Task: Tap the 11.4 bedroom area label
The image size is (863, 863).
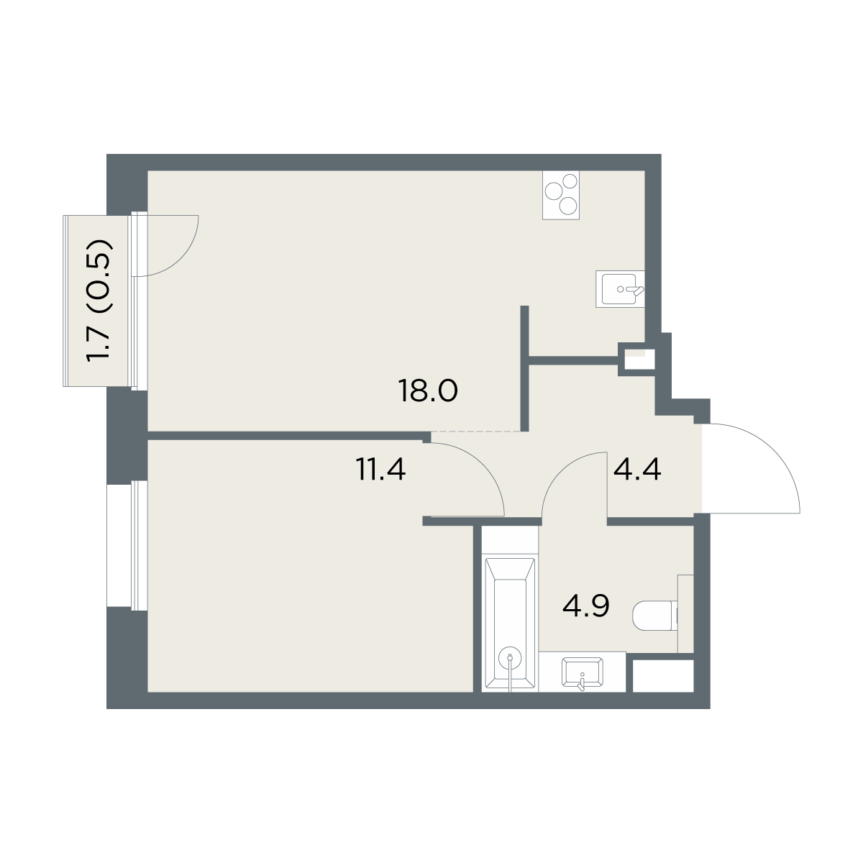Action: (381, 470)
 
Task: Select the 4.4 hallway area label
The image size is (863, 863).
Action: (637, 470)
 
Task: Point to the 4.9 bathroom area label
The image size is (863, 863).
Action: (586, 606)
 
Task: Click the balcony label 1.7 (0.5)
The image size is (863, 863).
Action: (99, 301)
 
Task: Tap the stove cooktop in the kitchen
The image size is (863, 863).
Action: (561, 195)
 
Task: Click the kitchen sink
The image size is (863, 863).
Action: (620, 289)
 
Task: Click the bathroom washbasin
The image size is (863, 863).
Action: (583, 672)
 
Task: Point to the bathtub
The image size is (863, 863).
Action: (510, 624)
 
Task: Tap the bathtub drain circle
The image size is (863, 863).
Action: (510, 657)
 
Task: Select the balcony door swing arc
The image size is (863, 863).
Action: (180, 259)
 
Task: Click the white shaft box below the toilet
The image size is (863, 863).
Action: (663, 675)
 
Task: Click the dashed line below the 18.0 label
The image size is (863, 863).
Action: (475, 431)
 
